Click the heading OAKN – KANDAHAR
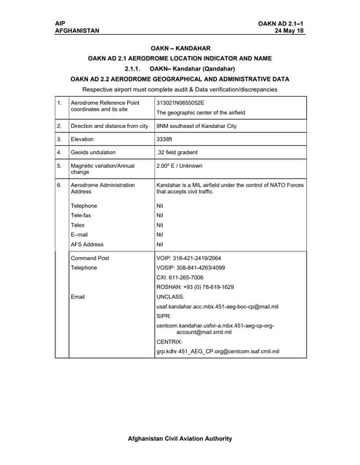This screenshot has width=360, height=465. (x=180, y=48)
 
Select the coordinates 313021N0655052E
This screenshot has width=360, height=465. (x=180, y=103)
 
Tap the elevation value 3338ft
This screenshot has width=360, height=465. (x=164, y=139)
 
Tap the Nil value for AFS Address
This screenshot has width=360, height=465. (x=160, y=245)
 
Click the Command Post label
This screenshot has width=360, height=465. (x=89, y=258)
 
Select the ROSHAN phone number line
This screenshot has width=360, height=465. (x=195, y=287)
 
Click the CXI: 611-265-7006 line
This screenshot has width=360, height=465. (x=180, y=278)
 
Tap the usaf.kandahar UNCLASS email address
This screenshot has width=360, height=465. (x=217, y=307)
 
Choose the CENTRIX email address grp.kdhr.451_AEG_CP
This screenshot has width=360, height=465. (x=217, y=352)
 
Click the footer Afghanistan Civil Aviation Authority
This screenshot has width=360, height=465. (x=180, y=438)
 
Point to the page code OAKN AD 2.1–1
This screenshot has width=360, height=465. (x=281, y=24)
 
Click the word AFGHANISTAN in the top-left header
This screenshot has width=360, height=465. (x=77, y=31)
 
